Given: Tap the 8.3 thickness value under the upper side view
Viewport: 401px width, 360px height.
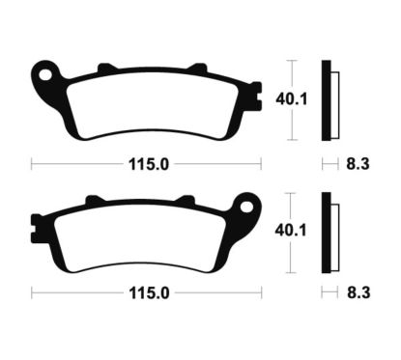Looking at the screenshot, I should [356, 164].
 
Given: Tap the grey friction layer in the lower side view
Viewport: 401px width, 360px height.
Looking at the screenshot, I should [334, 233].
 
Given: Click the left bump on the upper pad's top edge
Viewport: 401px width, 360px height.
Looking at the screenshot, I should [100, 68].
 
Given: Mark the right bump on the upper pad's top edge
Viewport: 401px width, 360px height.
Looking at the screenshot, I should [197, 68].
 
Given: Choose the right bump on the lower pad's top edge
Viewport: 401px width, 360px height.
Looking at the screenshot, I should [190, 200].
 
